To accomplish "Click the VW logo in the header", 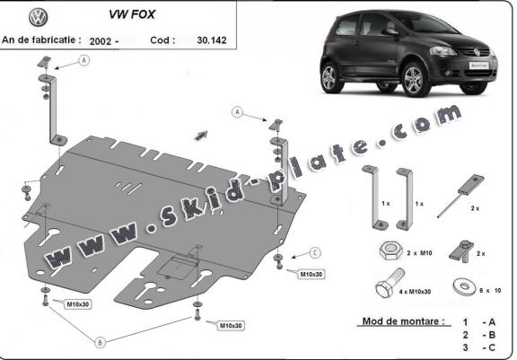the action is (39, 17).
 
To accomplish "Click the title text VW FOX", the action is (132, 14).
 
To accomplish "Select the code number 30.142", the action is (212, 40).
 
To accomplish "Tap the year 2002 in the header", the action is (101, 41).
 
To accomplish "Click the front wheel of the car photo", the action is (414, 79).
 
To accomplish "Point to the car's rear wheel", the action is (329, 77).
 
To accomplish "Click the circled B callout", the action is (100, 343).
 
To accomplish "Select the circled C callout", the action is (316, 253).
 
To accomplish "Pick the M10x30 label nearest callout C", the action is (311, 275).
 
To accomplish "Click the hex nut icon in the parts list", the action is (390, 251).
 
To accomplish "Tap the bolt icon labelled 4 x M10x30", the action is (390, 283).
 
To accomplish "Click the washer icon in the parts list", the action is (465, 286).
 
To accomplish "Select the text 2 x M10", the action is (419, 253).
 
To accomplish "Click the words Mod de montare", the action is (404, 321).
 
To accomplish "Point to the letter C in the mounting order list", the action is (492, 347).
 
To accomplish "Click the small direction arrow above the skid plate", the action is (201, 136).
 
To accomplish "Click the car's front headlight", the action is (443, 51).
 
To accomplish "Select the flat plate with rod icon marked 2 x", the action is (461, 196).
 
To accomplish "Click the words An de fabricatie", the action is (41, 40).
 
